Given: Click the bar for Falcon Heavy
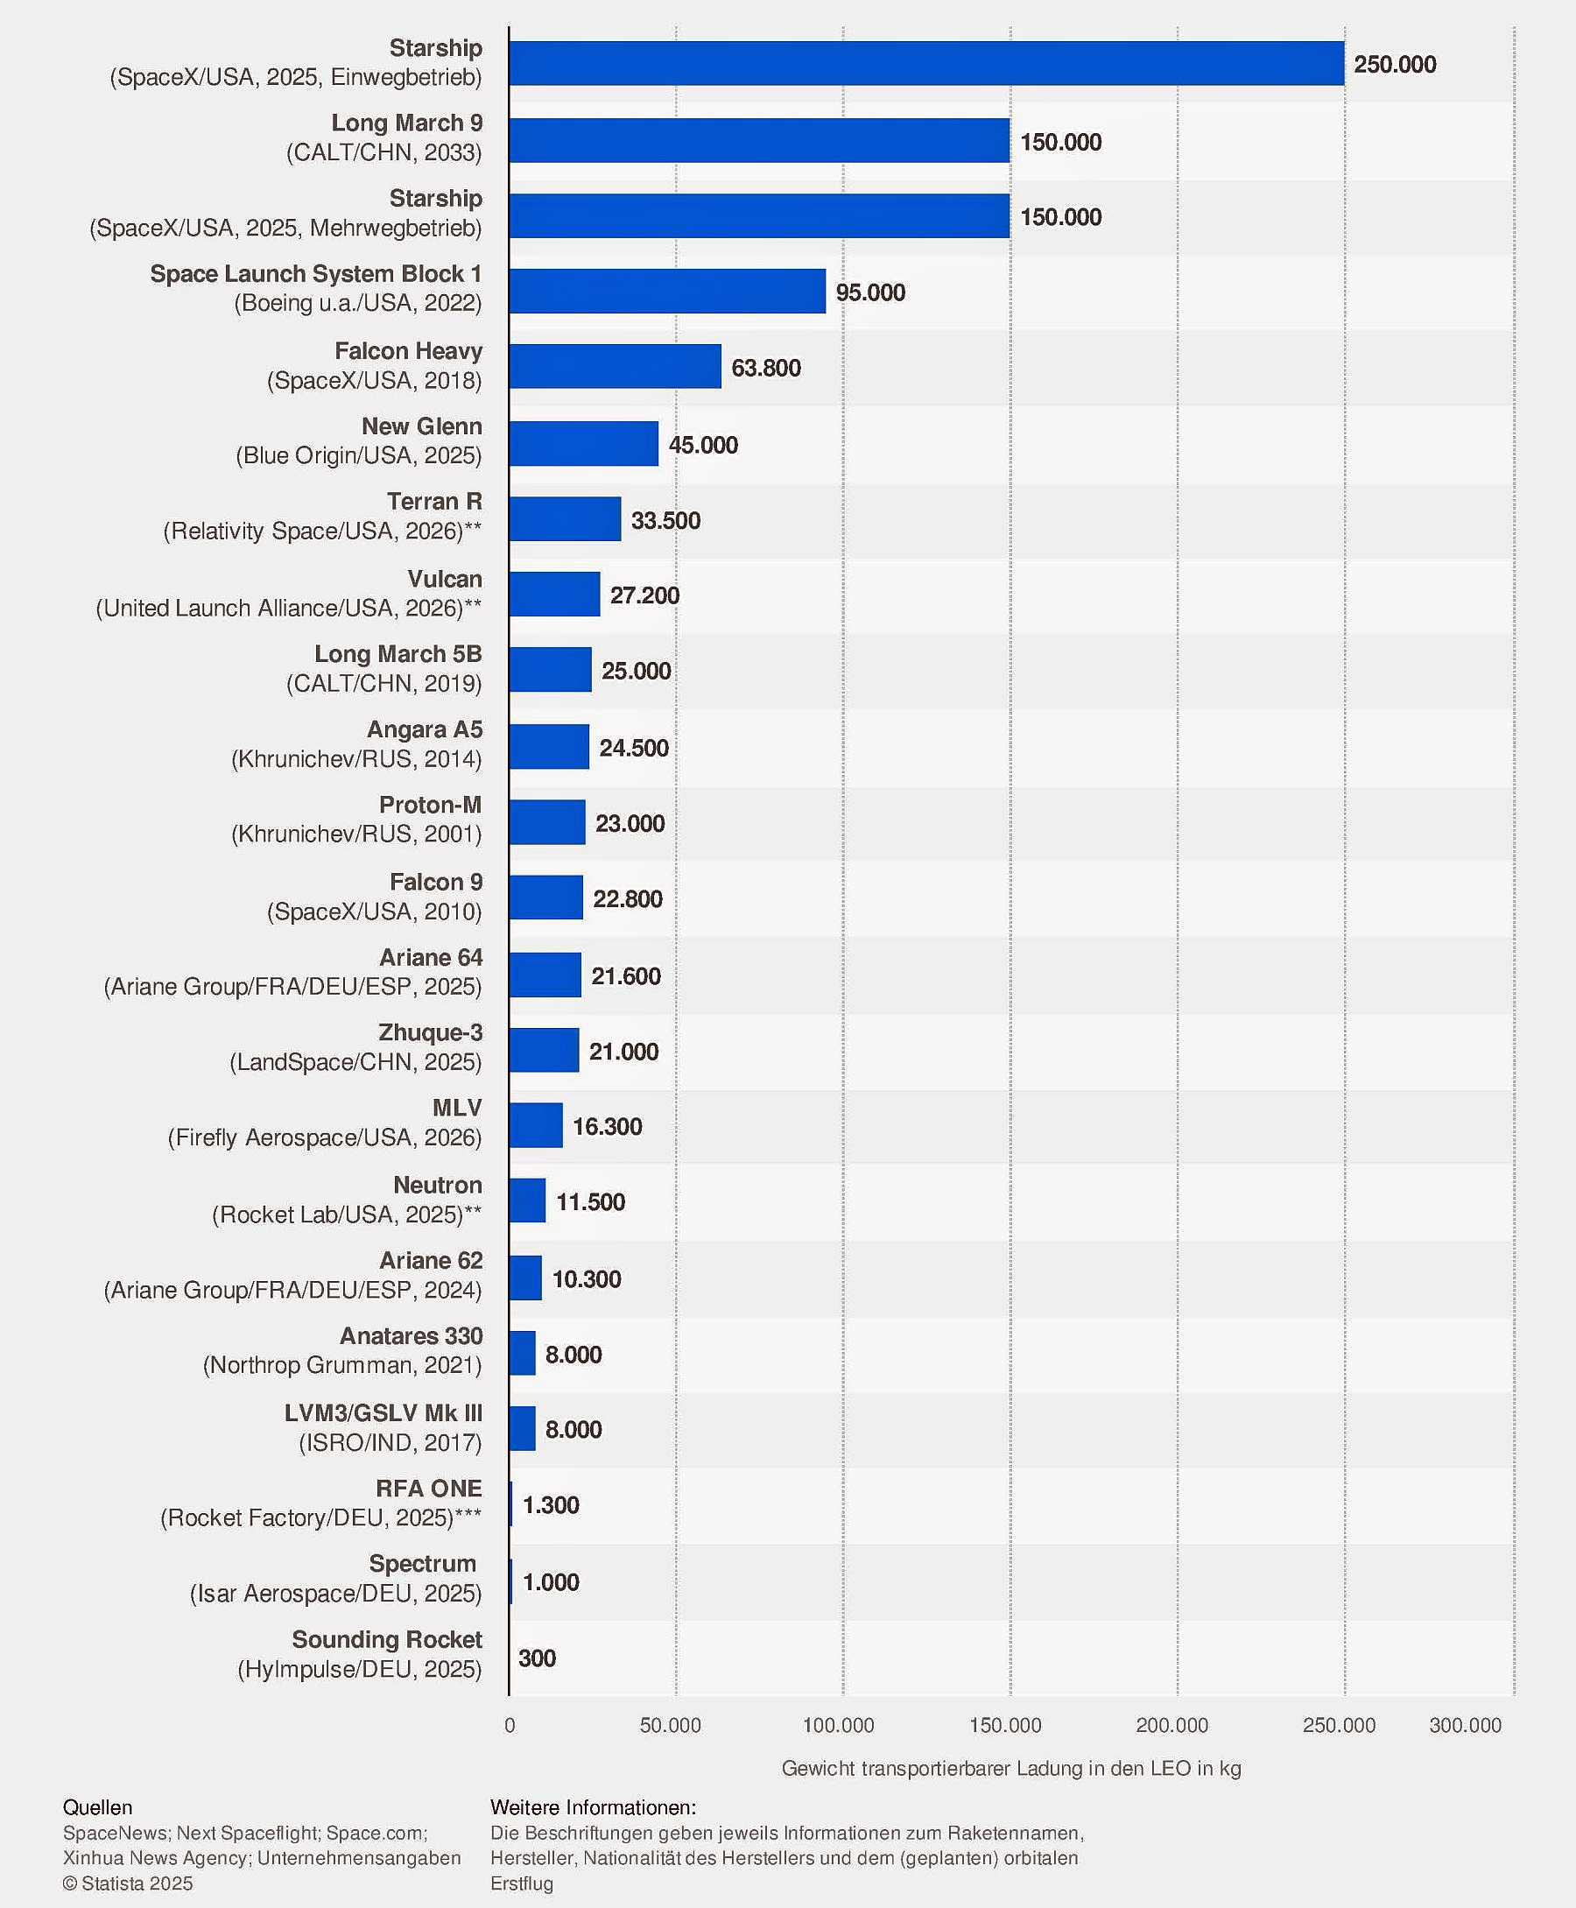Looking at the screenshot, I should (x=615, y=367).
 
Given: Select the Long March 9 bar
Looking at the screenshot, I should (x=759, y=141).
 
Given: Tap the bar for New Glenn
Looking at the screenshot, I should (x=583, y=444).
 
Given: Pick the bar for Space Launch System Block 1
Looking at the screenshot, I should (x=667, y=292).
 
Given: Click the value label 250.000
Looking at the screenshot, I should (x=1395, y=65).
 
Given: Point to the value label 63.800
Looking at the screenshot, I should (x=765, y=368).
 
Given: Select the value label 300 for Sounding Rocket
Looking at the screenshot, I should (x=537, y=1658).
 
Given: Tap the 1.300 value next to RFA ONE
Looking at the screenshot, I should (x=550, y=1505).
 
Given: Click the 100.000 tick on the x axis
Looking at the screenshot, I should (x=838, y=1726).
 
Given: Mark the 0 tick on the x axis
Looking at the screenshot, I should (x=510, y=1726).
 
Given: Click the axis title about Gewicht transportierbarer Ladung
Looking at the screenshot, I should (x=1010, y=1768).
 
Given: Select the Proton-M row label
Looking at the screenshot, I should (x=430, y=804).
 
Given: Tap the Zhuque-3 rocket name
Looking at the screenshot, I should (x=430, y=1032).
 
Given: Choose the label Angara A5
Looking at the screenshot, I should (x=425, y=729).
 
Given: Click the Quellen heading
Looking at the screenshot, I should (x=97, y=1807).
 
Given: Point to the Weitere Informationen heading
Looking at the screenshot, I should (x=593, y=1807).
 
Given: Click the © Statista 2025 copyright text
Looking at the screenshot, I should (x=128, y=1883).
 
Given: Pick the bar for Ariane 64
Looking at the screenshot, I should (x=545, y=975).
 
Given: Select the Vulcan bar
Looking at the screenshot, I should (x=553, y=595).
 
